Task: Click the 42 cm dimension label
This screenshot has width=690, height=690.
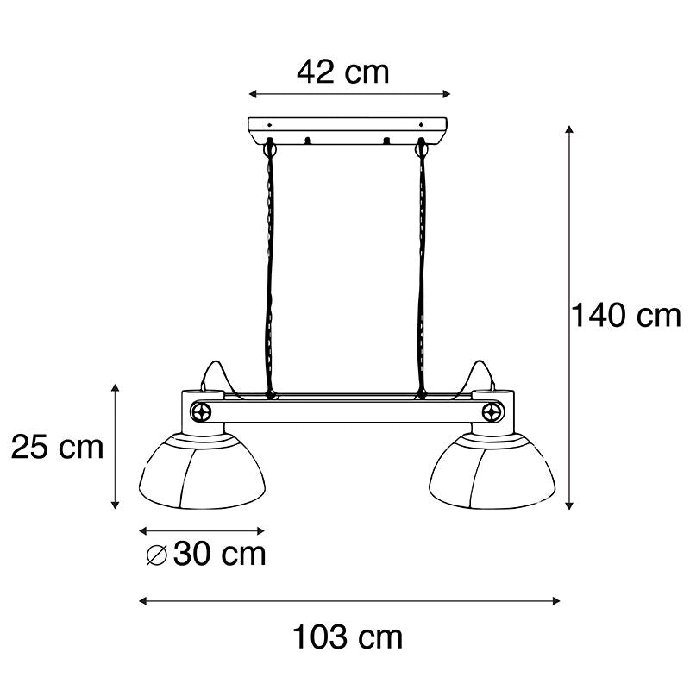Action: [x=343, y=72]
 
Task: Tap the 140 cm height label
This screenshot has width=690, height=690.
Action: [x=626, y=315]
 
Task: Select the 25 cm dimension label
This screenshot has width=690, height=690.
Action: [x=57, y=447]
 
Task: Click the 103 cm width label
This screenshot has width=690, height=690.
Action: [x=348, y=637]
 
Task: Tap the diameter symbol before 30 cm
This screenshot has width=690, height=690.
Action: [x=157, y=555]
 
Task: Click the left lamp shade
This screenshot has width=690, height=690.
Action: [x=202, y=471]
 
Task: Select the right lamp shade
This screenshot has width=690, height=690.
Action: [x=492, y=471]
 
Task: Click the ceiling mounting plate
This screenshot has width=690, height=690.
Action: [x=348, y=131]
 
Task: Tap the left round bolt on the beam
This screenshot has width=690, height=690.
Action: [x=201, y=412]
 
